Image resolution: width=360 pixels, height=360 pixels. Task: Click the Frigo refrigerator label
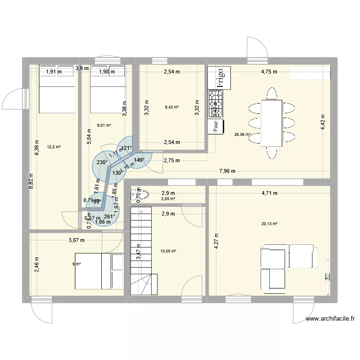219,77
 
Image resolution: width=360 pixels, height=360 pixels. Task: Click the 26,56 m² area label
242,135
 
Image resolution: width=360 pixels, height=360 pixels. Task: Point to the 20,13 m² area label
269,223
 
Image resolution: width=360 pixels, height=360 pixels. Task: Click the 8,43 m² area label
172,108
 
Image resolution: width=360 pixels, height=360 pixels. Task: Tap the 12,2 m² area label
54,147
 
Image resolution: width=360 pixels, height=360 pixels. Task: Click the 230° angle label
102,163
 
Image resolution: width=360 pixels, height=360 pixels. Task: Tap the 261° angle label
109,216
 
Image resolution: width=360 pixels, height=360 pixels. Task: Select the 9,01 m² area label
104,125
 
